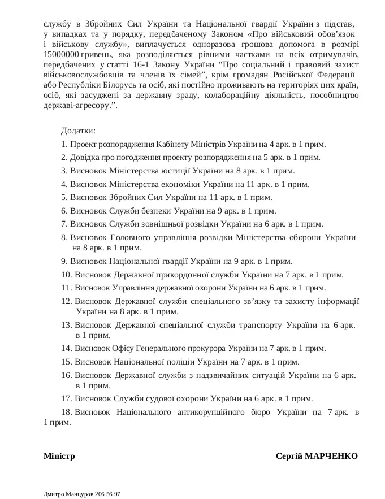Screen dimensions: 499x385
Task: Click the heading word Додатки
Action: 79,131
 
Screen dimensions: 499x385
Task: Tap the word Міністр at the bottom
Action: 59,456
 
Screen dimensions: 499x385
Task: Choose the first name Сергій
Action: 289,456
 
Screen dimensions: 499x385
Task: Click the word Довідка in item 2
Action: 85,157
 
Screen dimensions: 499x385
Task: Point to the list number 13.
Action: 66,325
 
